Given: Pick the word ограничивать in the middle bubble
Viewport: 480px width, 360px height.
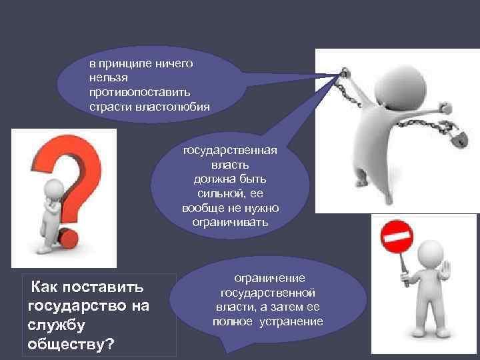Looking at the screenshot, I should click(231, 223).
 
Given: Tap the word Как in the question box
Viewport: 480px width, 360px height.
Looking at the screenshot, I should click(45, 287).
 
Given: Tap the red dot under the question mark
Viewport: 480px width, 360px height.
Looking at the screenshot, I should click(71, 237).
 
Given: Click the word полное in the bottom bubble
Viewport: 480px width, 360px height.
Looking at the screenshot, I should click(233, 321).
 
